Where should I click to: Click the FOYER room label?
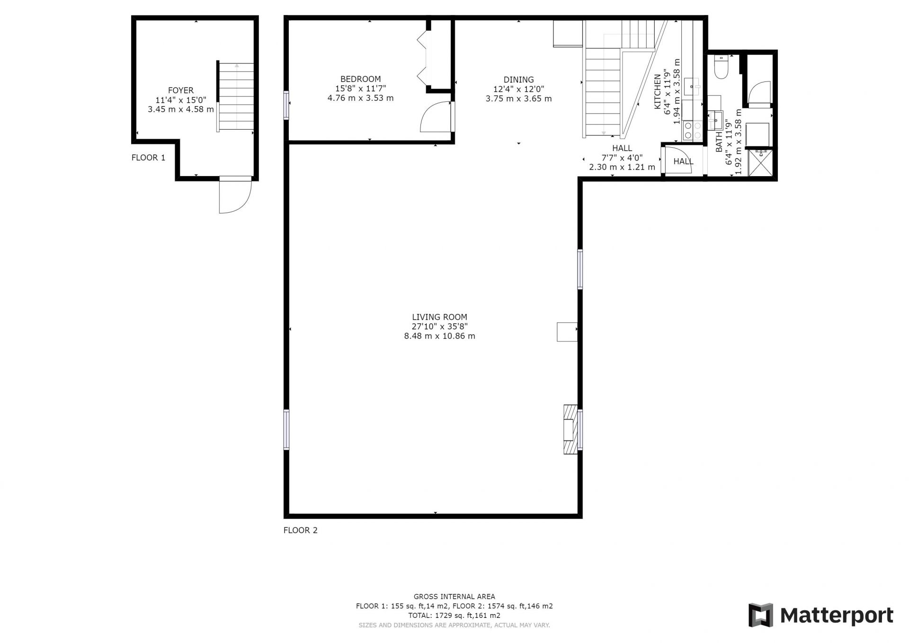[181, 90]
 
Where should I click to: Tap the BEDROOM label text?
[360, 79]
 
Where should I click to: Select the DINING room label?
[518, 80]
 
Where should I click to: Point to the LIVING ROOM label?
[439, 317]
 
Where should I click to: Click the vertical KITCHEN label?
[658, 92]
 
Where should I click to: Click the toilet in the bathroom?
[721, 67]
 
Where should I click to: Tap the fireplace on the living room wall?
[570, 429]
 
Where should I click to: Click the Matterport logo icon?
[760, 615]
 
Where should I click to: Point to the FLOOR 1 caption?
[149, 158]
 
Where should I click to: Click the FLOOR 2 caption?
[301, 530]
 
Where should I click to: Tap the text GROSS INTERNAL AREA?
[454, 597]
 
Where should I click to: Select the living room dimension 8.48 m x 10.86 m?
[439, 336]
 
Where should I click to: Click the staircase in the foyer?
[236, 97]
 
